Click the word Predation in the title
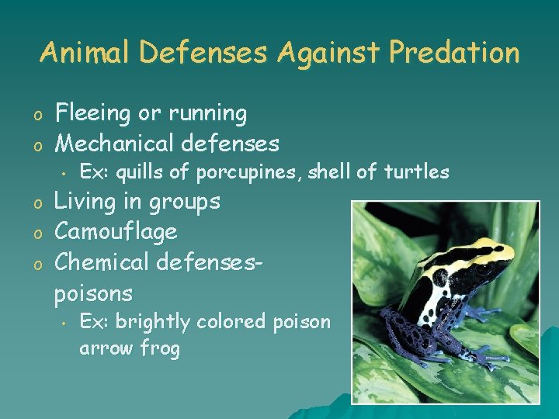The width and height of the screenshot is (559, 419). point(454,53)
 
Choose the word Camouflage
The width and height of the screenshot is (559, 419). point(116,231)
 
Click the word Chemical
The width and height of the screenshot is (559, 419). point(102,262)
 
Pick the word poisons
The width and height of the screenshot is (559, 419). point(93,293)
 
